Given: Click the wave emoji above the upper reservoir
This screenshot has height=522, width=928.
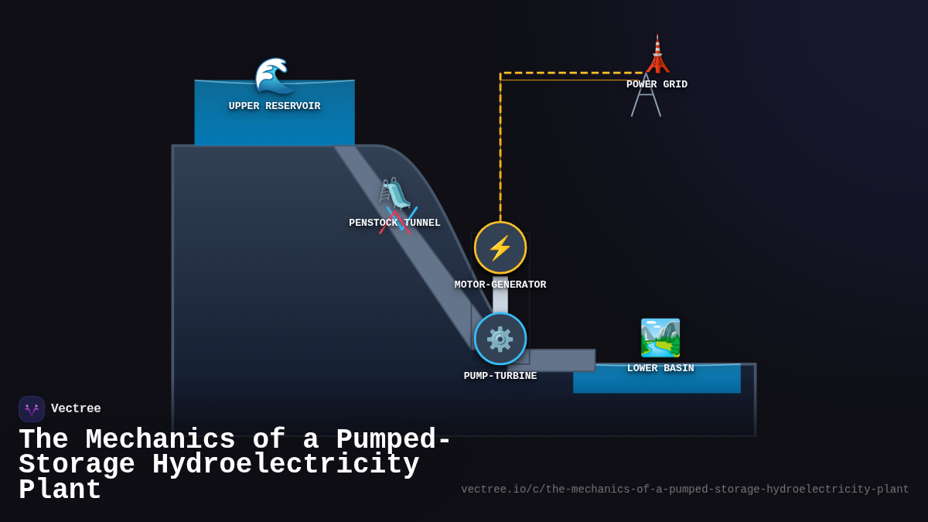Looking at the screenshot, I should pos(274,75).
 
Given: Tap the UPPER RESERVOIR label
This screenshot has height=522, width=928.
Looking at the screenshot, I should pos(275,106).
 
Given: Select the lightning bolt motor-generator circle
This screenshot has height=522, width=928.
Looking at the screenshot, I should pos(500,247).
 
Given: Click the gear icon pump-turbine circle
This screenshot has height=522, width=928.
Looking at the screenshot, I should pos(500,339).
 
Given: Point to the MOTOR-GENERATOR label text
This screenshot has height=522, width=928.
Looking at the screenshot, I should pos(500,285).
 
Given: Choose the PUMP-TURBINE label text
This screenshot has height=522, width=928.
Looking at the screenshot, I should pos(500,376).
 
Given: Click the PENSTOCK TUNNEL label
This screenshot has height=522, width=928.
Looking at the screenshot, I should pos(394,223).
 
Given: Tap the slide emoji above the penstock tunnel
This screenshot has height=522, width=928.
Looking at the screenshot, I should pos(394,193).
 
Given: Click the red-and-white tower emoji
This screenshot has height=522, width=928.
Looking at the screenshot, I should pos(657,53).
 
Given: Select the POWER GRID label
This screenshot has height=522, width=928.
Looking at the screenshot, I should pos(657,84).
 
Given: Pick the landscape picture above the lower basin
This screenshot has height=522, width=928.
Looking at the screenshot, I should pos(660,338).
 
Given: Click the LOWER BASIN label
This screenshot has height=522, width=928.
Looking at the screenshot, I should pos(660,368).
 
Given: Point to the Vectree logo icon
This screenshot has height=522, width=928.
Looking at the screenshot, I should pos(32,409).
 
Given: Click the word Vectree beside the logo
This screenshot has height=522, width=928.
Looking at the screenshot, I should pos(76,408).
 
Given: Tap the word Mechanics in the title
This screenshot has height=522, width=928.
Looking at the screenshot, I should pos(160,440).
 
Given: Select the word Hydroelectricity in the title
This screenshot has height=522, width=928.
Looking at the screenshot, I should pos(285,465).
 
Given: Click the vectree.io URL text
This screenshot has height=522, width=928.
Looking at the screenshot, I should pos(684,490).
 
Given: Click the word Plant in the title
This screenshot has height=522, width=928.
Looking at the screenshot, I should pos(60,490).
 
